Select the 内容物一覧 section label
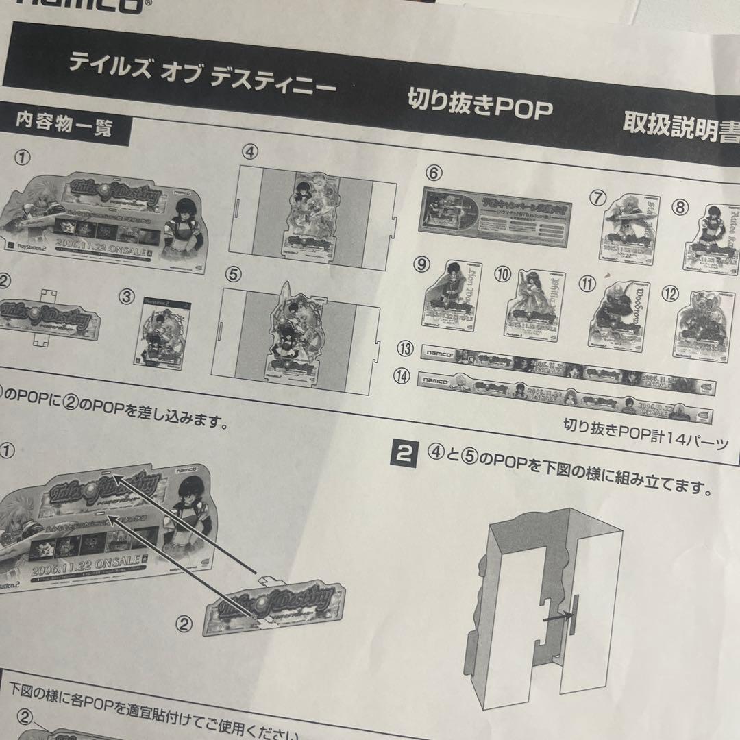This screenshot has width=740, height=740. (x=64, y=127)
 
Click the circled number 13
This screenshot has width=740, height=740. (x=406, y=349)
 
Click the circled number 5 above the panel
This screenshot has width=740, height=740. (x=234, y=274)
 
